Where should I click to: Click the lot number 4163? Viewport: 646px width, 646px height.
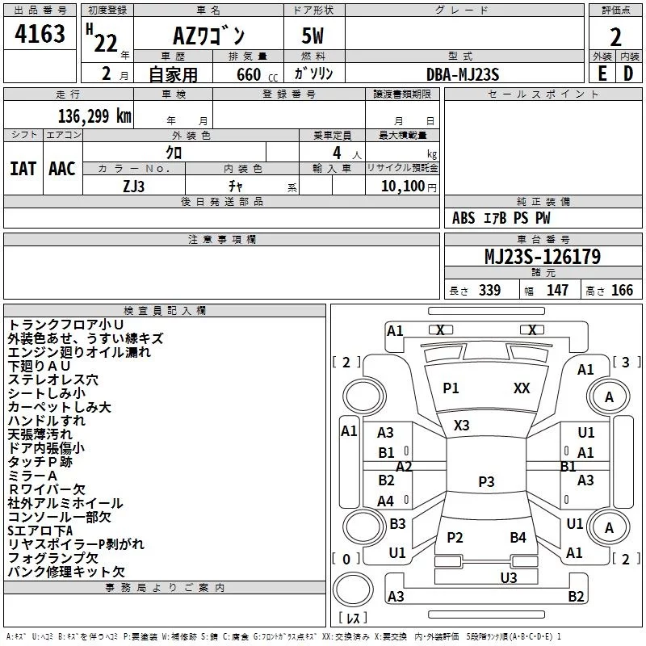coord(40,33)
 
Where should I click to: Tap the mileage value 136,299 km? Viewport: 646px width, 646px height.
coord(94,116)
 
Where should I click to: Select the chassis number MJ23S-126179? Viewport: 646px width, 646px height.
coord(543,257)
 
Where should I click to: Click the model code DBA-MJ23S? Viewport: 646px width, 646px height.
coord(463,74)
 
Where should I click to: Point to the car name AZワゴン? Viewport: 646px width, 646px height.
coord(209,36)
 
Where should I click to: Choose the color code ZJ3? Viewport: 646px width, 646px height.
coord(133,187)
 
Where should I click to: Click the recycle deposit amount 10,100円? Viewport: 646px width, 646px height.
coord(409,187)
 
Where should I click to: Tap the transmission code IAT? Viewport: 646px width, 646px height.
coord(23,169)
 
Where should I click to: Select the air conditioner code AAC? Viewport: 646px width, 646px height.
coord(62,169)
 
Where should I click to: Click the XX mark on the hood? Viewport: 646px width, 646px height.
coord(522,388)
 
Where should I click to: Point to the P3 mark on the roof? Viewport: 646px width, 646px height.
coord(486,481)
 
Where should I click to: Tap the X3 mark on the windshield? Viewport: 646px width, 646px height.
coord(461,426)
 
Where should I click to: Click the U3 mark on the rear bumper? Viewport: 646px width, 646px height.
coord(509,578)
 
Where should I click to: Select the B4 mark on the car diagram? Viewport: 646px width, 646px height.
coord(518,538)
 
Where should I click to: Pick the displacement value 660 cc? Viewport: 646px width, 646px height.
coord(257,74)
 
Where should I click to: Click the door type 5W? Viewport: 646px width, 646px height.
coord(313,36)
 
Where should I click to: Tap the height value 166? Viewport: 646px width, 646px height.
coord(622,290)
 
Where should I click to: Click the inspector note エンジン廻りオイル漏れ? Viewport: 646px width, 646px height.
coord(79,352)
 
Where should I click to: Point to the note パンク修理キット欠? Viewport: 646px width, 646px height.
coord(66,572)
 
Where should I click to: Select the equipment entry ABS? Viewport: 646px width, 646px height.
coord(464,218)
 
